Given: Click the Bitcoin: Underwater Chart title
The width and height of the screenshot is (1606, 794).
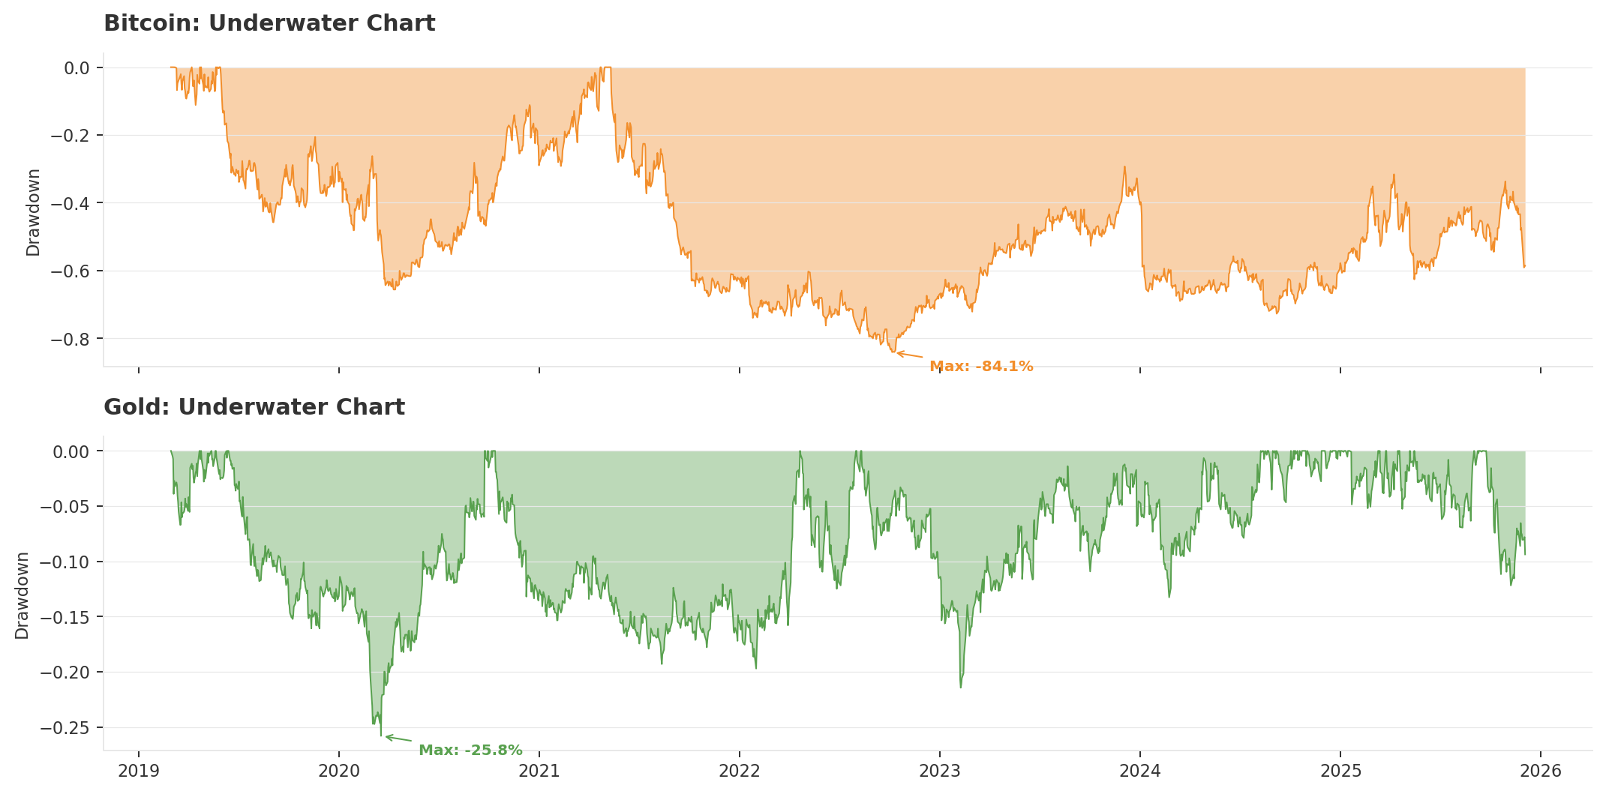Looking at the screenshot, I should click(x=269, y=24).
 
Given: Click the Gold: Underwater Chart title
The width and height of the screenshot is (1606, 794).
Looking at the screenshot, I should click(x=254, y=408).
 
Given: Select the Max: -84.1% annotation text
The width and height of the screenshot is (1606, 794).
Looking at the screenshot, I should click(x=981, y=367).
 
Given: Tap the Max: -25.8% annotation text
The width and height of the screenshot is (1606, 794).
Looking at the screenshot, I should click(x=470, y=751).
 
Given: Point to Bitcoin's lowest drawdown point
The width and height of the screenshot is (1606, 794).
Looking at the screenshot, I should click(x=893, y=352).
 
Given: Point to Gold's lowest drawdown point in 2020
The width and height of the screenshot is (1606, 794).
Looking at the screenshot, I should click(x=381, y=736).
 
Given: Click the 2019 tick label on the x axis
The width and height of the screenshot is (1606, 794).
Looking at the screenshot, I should click(x=138, y=771).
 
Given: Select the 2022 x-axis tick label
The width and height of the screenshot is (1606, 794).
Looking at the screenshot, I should click(x=740, y=771).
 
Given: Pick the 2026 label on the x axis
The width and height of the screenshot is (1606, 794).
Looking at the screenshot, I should click(x=1541, y=771).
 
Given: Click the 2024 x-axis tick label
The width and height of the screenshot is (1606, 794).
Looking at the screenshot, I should click(x=1140, y=771).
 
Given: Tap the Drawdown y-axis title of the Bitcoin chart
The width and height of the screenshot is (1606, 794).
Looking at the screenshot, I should click(x=33, y=212).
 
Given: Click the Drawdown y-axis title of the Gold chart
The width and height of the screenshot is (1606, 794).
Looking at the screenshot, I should click(x=23, y=596).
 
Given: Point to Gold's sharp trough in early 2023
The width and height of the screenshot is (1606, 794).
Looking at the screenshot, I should click(x=961, y=687).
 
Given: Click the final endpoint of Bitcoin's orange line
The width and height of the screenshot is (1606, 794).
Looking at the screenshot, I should click(x=1524, y=266).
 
